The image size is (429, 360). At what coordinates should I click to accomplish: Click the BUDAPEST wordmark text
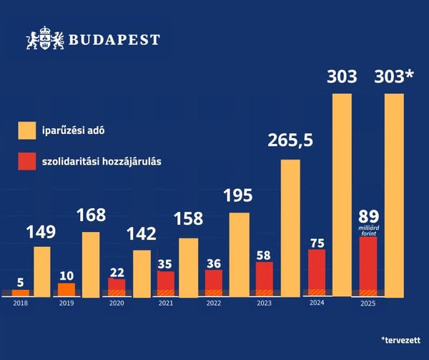(115, 40)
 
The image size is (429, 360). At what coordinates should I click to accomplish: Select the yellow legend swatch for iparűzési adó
(27, 131)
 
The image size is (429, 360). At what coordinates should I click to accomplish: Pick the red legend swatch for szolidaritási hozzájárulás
(27, 161)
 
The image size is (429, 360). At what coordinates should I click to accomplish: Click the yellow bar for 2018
(42, 271)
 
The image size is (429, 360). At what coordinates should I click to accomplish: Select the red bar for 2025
(368, 266)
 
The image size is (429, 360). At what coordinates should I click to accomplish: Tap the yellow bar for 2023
(290, 228)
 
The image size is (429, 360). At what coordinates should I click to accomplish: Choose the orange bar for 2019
(66, 289)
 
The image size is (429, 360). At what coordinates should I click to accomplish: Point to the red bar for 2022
(214, 282)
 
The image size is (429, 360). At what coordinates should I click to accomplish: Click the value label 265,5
(290, 141)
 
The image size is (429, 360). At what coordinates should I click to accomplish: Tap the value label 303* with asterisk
(394, 76)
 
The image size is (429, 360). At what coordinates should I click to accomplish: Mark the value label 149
(42, 232)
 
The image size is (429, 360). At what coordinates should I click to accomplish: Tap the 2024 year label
(317, 303)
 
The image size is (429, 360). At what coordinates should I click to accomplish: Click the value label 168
(91, 215)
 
